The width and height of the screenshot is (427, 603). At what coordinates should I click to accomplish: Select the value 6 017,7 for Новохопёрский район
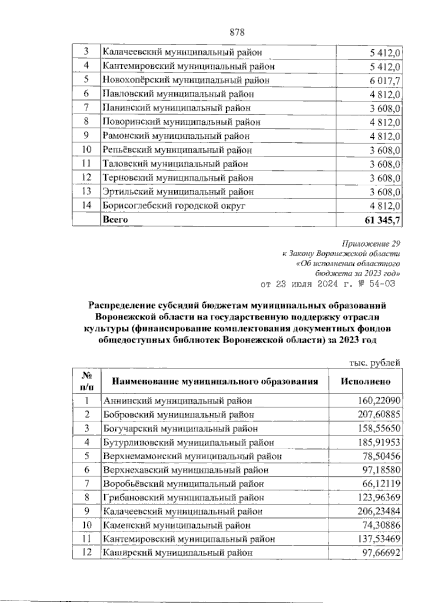pos(385,81)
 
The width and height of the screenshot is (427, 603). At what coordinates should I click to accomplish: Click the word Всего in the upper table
pos(115,219)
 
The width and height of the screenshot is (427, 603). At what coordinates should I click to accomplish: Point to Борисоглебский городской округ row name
pos(174,206)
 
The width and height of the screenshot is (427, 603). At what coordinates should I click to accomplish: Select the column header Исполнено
pos(365,381)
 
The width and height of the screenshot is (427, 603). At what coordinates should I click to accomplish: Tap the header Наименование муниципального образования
pos(215,382)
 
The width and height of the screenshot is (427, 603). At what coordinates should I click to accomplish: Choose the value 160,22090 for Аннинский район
pos(379,401)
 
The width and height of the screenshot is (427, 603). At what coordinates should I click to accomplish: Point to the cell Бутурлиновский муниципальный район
pos(189,443)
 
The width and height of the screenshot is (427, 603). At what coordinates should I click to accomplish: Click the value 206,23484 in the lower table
pos(379,512)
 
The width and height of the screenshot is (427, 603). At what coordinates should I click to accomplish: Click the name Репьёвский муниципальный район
pos(177,150)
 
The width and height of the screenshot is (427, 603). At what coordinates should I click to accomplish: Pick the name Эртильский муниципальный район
pos(178,192)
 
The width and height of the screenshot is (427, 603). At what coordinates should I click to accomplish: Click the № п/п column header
pos(86,381)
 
